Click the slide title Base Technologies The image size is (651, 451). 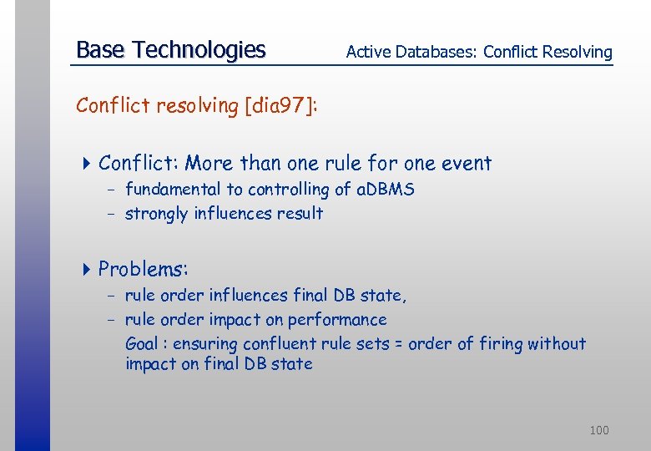(170, 50)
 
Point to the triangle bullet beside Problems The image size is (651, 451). (86, 269)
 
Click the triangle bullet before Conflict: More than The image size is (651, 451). (86, 164)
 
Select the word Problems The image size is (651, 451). (143, 269)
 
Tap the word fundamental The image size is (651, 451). (173, 190)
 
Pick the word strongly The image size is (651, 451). (157, 214)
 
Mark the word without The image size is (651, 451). (558, 344)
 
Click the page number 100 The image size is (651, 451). (598, 430)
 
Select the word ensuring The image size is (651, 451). (203, 344)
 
